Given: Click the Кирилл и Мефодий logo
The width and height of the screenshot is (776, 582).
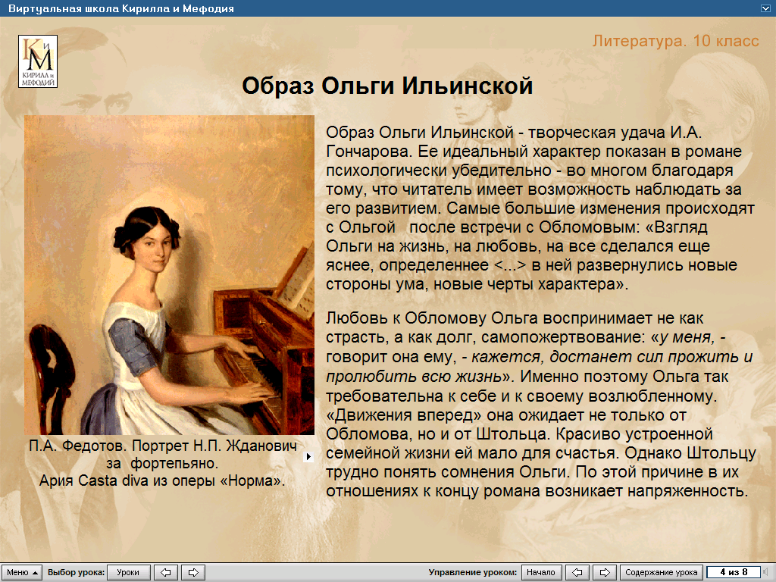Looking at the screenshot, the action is (x=38, y=61).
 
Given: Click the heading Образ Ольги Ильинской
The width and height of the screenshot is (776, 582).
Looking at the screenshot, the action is (x=387, y=86).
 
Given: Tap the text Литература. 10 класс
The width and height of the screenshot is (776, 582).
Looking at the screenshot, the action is (x=675, y=41).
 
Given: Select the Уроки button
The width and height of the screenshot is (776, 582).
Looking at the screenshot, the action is (x=128, y=572).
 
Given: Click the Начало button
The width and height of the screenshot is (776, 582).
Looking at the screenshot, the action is (x=541, y=572).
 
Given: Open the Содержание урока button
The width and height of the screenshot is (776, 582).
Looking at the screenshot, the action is (x=661, y=572).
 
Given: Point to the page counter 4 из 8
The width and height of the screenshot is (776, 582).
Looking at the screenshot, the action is (x=734, y=572).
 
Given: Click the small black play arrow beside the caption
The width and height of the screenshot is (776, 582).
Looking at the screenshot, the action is (x=308, y=457).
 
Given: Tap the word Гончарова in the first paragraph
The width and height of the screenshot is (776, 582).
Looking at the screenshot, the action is (x=369, y=152).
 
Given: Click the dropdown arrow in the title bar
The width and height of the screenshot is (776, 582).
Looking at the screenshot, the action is (x=765, y=8).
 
